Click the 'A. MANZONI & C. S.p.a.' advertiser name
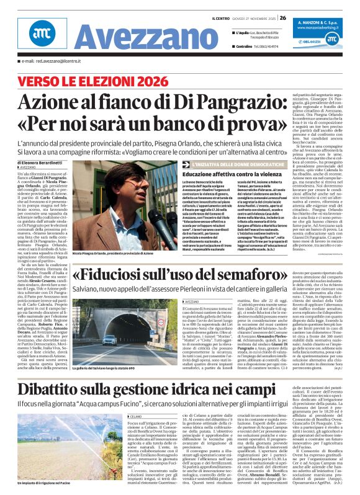pos(325,21)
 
